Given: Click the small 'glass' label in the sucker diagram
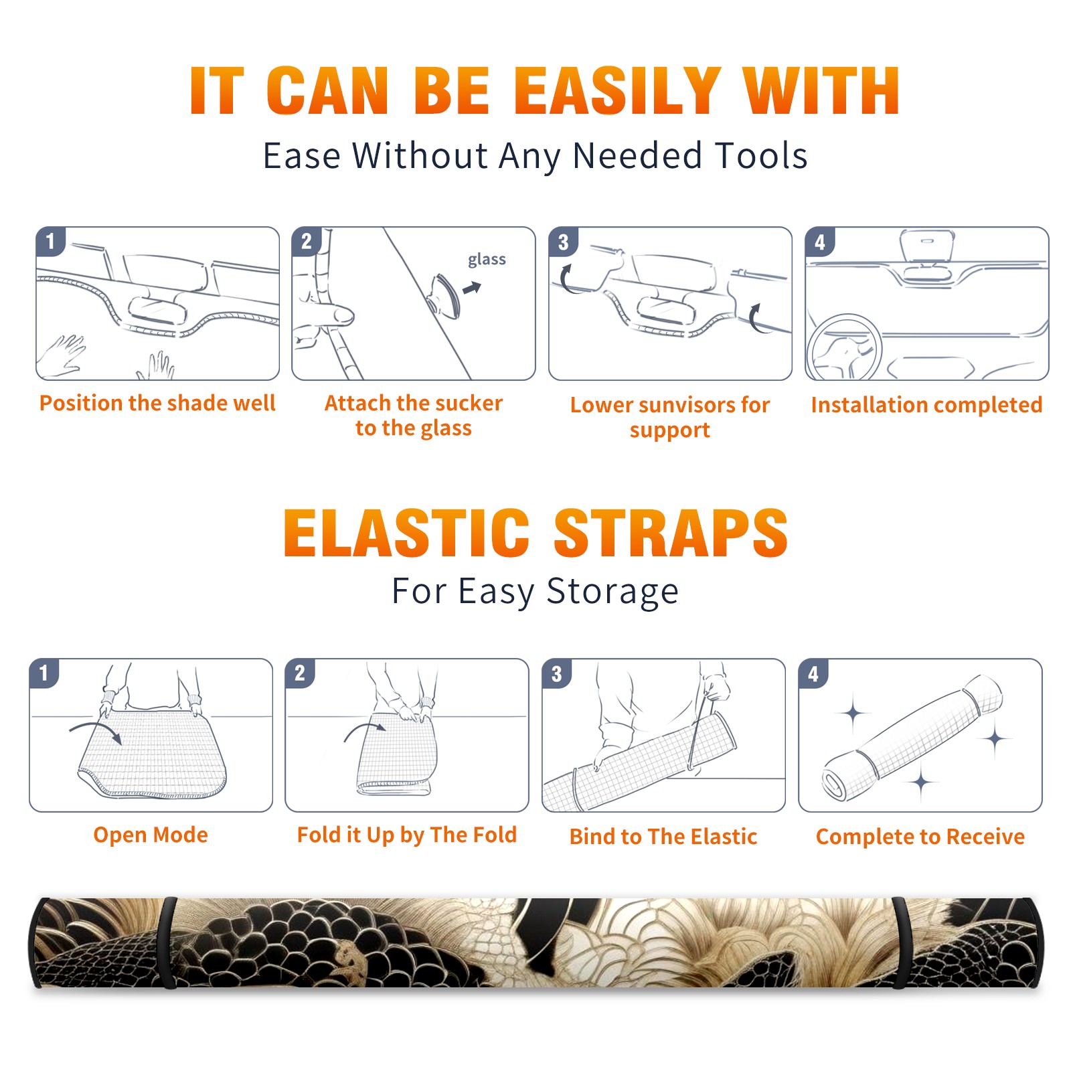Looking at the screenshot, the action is (487, 260).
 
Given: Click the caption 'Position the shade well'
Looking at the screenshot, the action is (157, 403).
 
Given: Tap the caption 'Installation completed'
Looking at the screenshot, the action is (926, 405).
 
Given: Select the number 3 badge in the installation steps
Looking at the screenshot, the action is (563, 242).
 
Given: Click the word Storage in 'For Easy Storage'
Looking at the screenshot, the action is (612, 592).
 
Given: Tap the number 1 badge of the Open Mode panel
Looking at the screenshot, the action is (44, 673).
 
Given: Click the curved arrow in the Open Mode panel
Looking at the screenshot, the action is (96, 730).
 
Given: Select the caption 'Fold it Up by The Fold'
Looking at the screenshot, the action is (407, 835).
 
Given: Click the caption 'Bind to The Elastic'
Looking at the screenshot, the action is (663, 837).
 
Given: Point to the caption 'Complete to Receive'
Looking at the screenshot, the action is (920, 837).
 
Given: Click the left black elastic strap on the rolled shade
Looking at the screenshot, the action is (168, 943).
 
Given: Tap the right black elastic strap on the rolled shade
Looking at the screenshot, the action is (900, 943).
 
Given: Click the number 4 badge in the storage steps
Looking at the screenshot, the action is (813, 673).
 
